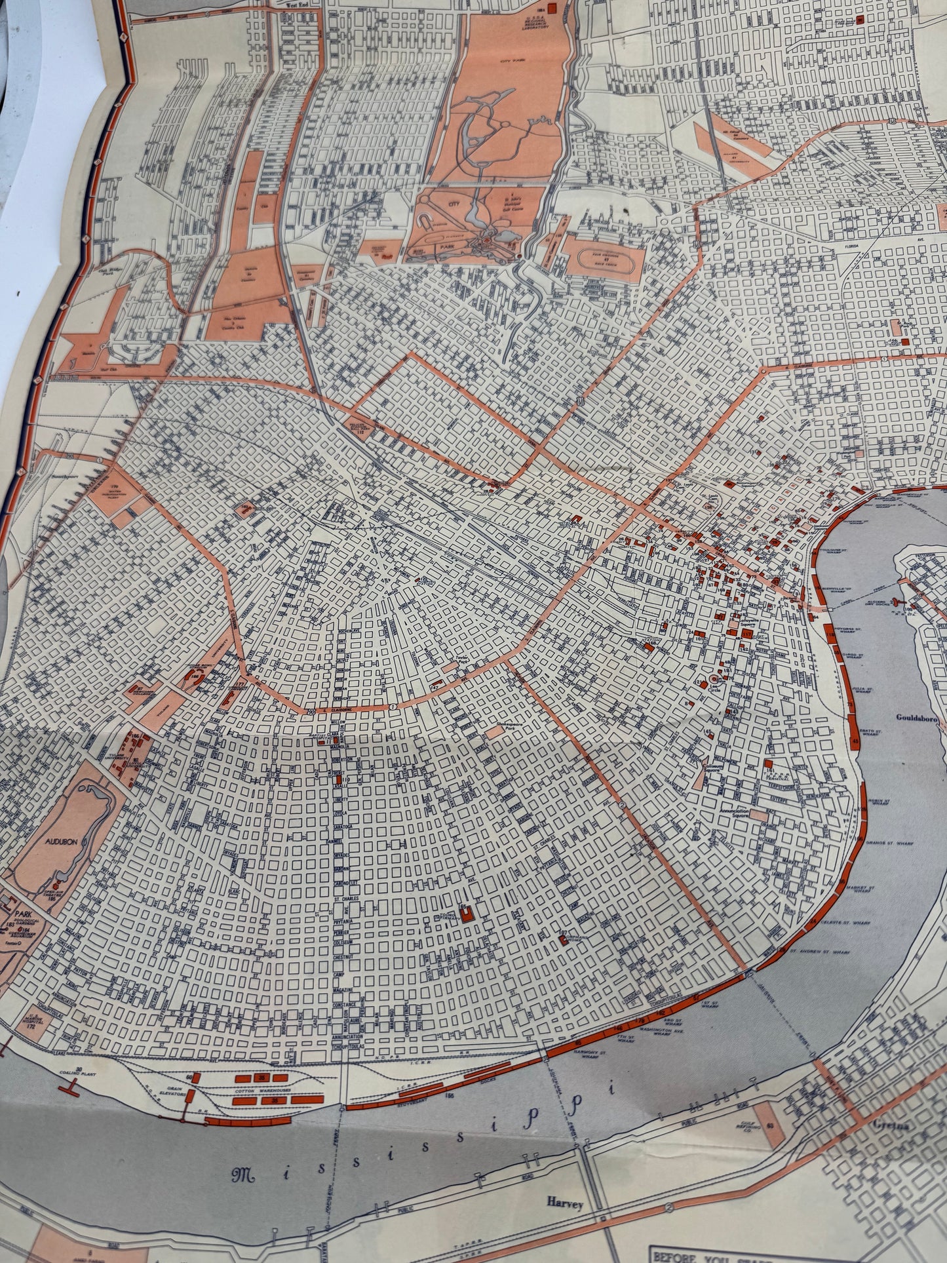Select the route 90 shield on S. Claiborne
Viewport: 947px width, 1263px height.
310,712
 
